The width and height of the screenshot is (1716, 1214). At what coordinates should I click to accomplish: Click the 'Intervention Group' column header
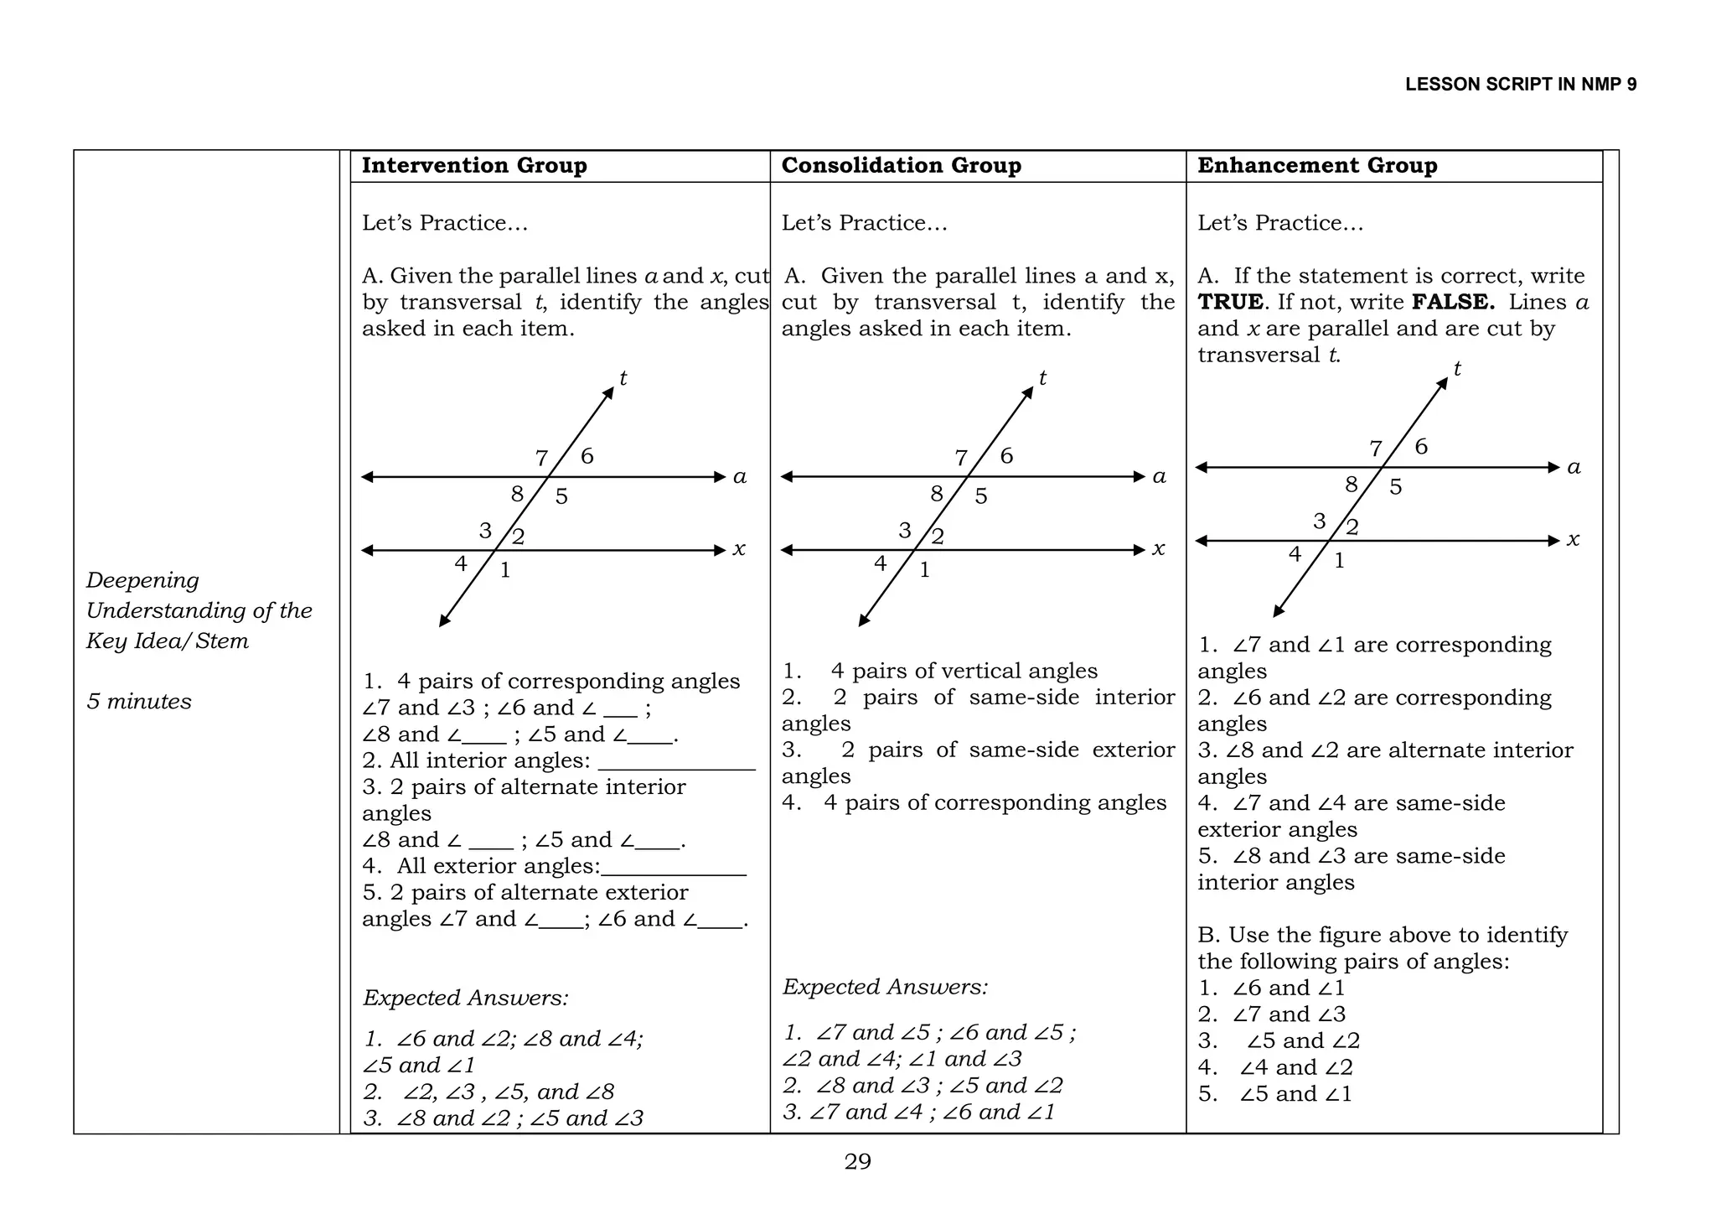pyautogui.click(x=474, y=165)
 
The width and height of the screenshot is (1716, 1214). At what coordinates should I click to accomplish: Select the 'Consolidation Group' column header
pyautogui.click(x=901, y=165)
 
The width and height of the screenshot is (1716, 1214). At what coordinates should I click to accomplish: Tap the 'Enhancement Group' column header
pyautogui.click(x=1317, y=165)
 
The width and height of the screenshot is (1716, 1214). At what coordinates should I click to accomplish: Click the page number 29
pyautogui.click(x=857, y=1161)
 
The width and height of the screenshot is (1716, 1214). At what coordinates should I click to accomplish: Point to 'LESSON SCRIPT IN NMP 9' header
pyautogui.click(x=1520, y=85)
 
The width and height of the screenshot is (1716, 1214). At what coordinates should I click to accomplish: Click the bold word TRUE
pyautogui.click(x=1230, y=302)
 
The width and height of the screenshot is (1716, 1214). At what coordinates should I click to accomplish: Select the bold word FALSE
pyautogui.click(x=1453, y=302)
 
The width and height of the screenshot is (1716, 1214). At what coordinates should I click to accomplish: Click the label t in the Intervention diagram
pyautogui.click(x=623, y=378)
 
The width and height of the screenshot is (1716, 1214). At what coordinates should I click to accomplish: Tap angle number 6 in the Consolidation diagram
pyautogui.click(x=1006, y=455)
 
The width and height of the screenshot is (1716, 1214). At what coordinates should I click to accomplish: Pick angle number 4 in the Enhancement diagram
pyautogui.click(x=1295, y=554)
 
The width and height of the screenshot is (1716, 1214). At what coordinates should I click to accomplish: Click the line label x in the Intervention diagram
pyautogui.click(x=739, y=549)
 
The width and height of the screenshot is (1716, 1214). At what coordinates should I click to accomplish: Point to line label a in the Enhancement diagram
pyautogui.click(x=1574, y=467)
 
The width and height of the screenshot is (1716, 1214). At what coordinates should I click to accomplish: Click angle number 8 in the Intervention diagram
pyautogui.click(x=517, y=494)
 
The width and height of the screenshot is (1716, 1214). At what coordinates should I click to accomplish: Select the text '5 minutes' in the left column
pyautogui.click(x=139, y=701)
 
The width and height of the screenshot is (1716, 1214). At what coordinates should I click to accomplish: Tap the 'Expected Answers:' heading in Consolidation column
pyautogui.click(x=885, y=987)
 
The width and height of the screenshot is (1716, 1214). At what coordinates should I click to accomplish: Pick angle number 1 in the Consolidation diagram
pyautogui.click(x=924, y=570)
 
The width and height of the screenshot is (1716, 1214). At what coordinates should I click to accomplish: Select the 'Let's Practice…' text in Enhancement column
pyautogui.click(x=1279, y=223)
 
